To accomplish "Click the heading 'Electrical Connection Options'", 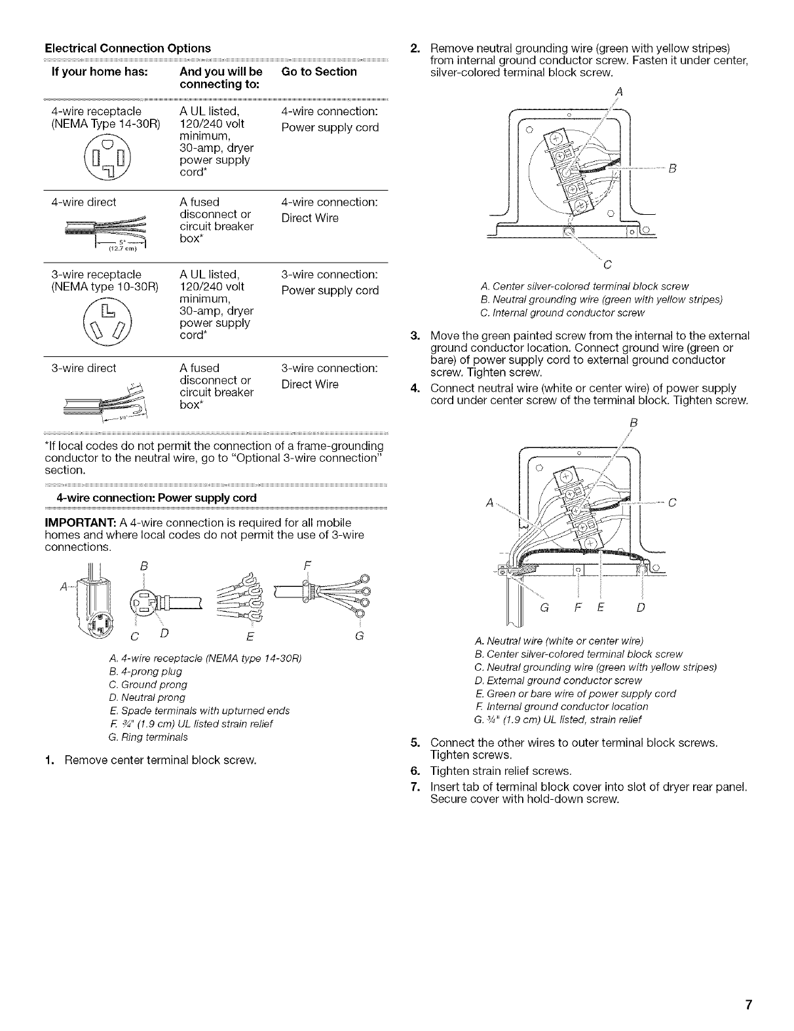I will pos(127,48).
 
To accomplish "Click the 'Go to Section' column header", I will pos(319,71).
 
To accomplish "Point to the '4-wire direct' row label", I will pos(84,202).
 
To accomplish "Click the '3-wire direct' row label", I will pos(84,368).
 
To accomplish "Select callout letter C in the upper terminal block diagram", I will pos(607,265).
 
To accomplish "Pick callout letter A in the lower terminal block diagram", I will pos(489,503).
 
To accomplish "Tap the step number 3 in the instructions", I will pos(414,337).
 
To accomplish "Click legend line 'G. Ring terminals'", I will pos(147,737).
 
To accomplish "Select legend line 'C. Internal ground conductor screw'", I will pos(562,313).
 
